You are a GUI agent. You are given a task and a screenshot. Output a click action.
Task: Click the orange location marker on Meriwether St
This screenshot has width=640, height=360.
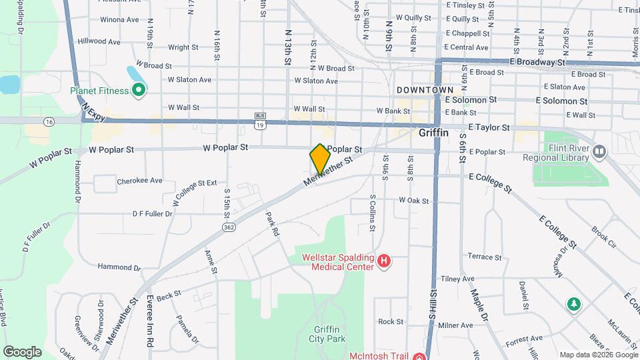pyautogui.click(x=320, y=159)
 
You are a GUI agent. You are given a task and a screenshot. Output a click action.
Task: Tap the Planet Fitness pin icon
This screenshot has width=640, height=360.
pyautogui.click(x=139, y=90)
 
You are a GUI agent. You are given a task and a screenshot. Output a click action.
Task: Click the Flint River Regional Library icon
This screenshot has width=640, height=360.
pyautogui.click(x=599, y=153)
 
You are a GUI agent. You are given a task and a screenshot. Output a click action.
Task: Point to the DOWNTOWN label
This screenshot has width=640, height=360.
pyautogui.click(x=425, y=89)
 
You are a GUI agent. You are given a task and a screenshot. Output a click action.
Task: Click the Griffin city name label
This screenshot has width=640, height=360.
pyautogui.click(x=433, y=133)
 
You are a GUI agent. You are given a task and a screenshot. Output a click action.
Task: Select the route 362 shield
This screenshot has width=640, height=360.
pyautogui.click(x=229, y=227)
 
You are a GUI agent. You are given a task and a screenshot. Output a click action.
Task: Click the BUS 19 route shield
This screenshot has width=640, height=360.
pyautogui.click(x=261, y=120)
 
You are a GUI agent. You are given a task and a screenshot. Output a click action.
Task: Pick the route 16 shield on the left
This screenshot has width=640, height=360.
pyautogui.click(x=49, y=122)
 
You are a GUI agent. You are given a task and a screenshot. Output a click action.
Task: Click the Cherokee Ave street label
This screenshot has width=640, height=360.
pyautogui.click(x=139, y=181)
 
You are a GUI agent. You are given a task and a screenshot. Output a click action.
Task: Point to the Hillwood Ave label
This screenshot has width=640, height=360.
pyautogui.click(x=99, y=41)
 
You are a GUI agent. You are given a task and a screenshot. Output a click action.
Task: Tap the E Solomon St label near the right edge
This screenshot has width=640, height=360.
pyautogui.click(x=561, y=101)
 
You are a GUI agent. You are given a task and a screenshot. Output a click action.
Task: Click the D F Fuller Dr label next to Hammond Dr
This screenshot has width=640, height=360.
pyautogui.click(x=152, y=214)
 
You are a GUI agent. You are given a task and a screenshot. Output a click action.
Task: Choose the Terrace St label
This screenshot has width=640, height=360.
pyautogui.click(x=484, y=257)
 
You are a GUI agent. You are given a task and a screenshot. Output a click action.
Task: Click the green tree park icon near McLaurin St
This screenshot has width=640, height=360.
pyautogui.click(x=573, y=305)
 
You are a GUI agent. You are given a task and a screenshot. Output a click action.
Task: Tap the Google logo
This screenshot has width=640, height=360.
pyautogui.click(x=22, y=351)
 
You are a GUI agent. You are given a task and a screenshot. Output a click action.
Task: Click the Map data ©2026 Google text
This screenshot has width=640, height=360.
pyautogui.click(x=597, y=355)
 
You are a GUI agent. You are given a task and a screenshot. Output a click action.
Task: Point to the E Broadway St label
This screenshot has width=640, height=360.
pyautogui.click(x=537, y=61)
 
